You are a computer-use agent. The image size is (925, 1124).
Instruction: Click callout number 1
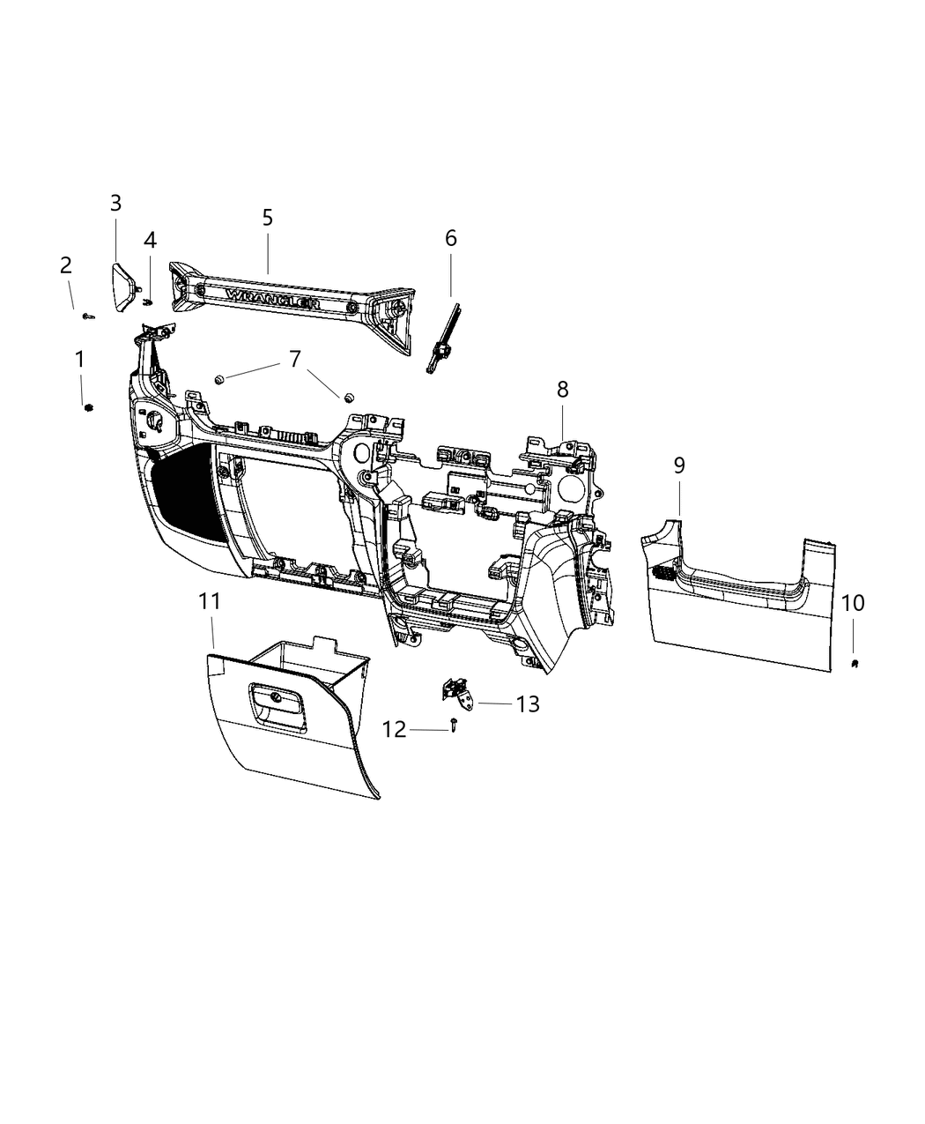[x=80, y=360]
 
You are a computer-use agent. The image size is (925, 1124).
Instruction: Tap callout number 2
[x=66, y=265]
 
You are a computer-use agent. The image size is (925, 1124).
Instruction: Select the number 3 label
[x=115, y=204]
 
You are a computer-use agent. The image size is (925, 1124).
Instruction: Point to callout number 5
[x=268, y=218]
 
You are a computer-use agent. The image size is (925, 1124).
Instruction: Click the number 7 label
[x=294, y=359]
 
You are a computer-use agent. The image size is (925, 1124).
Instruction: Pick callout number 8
[x=562, y=389]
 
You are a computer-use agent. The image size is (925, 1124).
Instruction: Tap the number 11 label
[x=209, y=603]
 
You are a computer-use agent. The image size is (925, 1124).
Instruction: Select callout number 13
[x=528, y=704]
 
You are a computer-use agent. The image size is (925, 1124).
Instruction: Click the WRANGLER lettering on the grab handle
[x=271, y=300]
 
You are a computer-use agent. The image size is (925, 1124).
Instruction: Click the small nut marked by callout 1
[x=88, y=406]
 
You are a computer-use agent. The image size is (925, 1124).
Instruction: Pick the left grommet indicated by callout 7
[x=219, y=380]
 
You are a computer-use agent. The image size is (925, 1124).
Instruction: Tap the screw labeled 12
[x=452, y=726]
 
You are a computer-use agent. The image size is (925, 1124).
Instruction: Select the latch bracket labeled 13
[x=458, y=691]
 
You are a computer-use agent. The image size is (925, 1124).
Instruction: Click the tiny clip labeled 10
[x=855, y=663]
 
